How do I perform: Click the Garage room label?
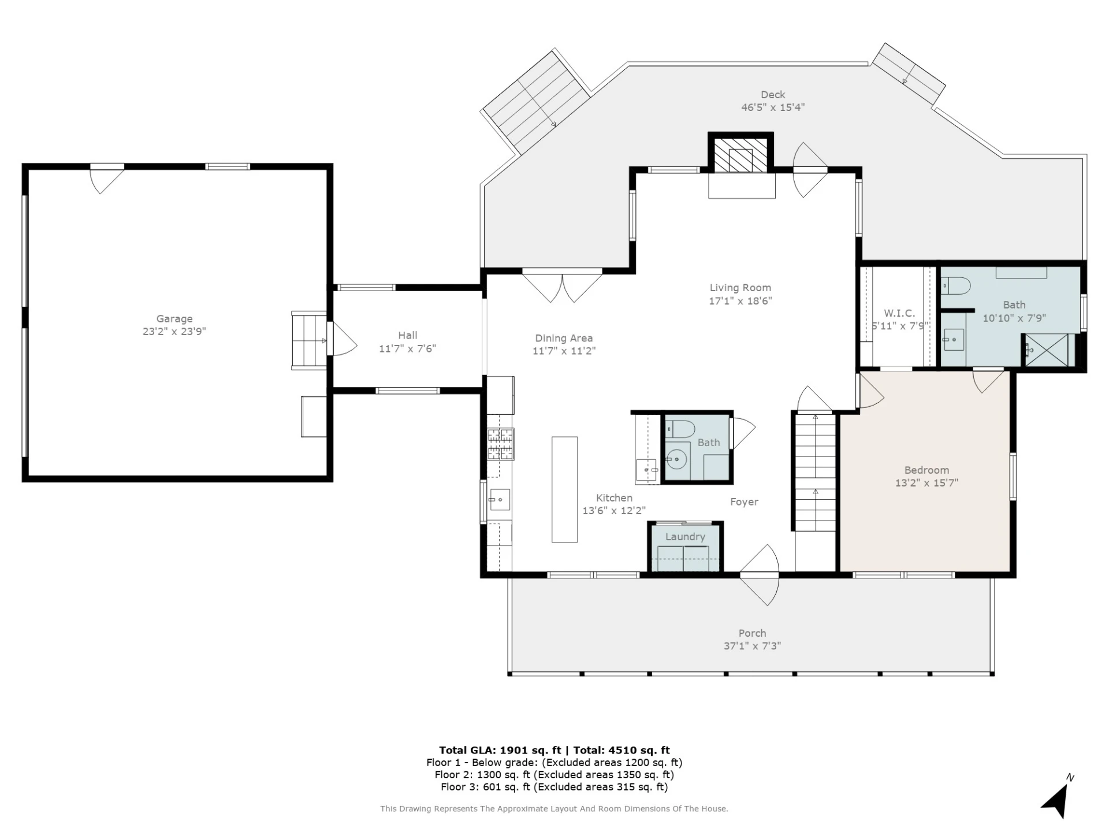(x=174, y=318)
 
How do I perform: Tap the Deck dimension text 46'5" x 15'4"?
(x=773, y=107)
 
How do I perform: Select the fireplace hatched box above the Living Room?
(x=741, y=155)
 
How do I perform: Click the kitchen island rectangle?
(x=564, y=489)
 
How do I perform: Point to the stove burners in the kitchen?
(x=500, y=444)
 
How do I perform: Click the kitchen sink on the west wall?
(x=500, y=499)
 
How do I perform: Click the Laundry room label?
(x=685, y=537)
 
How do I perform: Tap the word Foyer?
(x=744, y=502)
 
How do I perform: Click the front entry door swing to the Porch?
(x=760, y=575)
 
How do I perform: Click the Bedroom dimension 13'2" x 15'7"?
(x=926, y=483)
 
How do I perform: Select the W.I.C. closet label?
(x=899, y=313)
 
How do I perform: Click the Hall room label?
(x=407, y=335)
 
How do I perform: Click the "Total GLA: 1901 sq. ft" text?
(x=500, y=750)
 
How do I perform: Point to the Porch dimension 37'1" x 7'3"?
(x=752, y=646)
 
